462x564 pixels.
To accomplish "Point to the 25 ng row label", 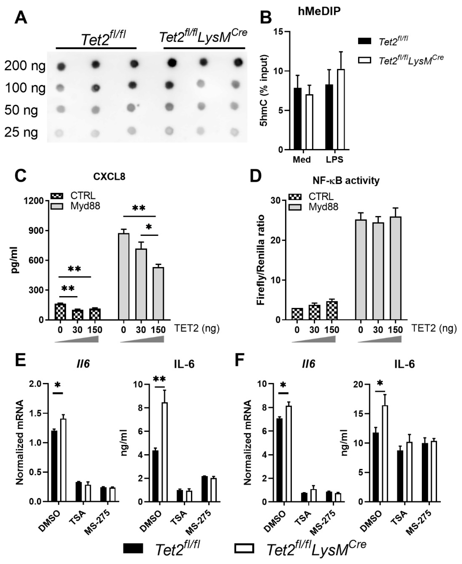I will [x=21, y=132].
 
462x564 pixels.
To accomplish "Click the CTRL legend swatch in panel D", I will [x=295, y=197].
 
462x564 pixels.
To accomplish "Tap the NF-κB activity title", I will [x=346, y=181].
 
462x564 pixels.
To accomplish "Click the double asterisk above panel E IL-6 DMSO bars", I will [x=159, y=379].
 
